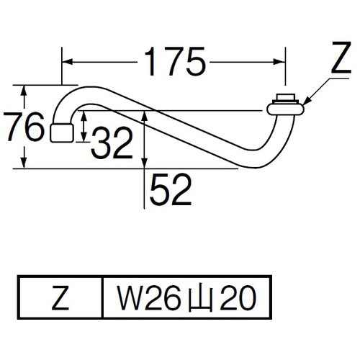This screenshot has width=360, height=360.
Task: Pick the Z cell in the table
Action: [62, 296]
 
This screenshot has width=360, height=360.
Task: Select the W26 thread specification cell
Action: [184, 296]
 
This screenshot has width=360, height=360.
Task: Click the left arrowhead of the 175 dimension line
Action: [65, 63]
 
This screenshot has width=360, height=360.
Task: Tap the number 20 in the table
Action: [237, 296]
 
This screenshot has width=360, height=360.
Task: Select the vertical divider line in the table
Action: [104, 296]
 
